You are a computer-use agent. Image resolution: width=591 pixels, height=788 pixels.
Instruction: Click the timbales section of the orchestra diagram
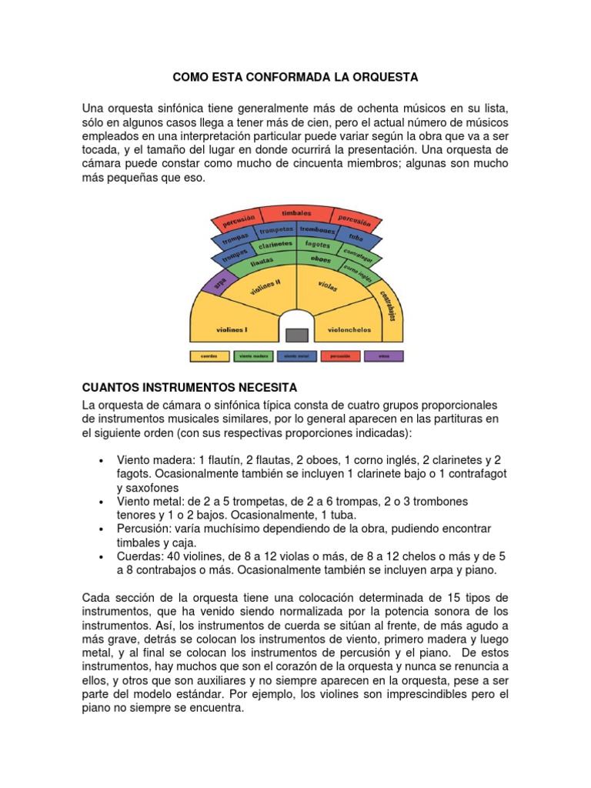pyautogui.click(x=296, y=213)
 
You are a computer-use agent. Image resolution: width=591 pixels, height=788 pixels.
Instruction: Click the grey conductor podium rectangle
pyautogui.click(x=296, y=335)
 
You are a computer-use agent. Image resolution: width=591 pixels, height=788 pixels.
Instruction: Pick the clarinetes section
pyautogui.click(x=275, y=244)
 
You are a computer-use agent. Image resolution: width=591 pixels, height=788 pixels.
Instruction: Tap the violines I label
pyautogui.click(x=231, y=329)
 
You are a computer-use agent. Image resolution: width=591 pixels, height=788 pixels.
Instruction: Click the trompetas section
pyautogui.click(x=276, y=229)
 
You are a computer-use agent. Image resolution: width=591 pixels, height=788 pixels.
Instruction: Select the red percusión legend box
pyautogui.click(x=340, y=356)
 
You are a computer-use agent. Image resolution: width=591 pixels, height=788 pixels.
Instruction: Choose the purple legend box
pyautogui.click(x=382, y=356)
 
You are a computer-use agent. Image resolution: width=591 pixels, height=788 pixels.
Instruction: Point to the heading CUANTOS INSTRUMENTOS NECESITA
pyautogui.click(x=189, y=386)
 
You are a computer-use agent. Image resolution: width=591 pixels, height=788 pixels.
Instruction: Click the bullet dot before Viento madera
pyautogui.click(x=102, y=459)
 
